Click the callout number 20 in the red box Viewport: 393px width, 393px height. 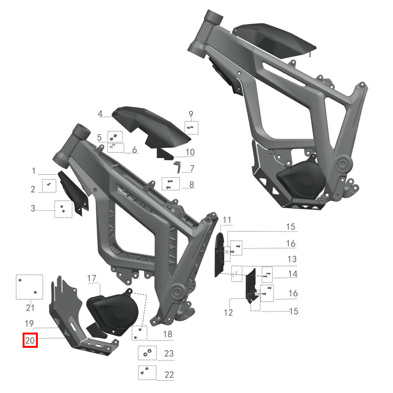tap(30, 340)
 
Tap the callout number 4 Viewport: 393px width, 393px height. tap(100, 114)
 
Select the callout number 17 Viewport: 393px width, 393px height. tap(92, 279)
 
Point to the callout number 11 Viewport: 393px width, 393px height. tap(226, 219)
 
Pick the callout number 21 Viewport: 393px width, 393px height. tap(30, 308)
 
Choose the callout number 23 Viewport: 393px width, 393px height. tap(169, 353)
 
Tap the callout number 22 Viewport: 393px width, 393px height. tap(169, 374)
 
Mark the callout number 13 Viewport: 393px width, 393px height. tap(292, 259)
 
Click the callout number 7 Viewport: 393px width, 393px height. tap(192, 168)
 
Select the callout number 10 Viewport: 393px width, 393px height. tap(190, 152)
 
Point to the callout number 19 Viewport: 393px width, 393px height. tap(29, 323)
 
